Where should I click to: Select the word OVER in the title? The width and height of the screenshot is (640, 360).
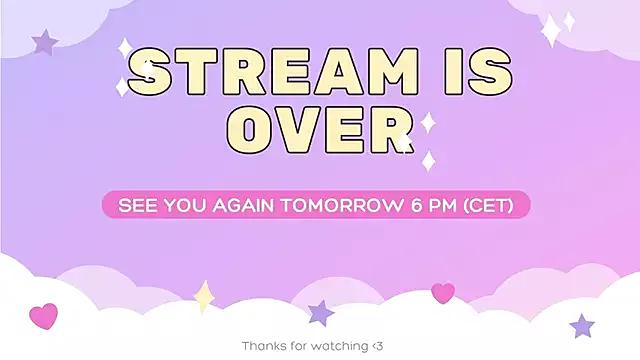(x=320, y=131)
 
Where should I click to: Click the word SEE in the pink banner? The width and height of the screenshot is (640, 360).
(x=137, y=205)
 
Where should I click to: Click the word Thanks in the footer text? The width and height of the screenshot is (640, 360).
(x=263, y=346)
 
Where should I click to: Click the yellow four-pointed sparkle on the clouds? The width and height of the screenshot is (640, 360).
(x=204, y=296)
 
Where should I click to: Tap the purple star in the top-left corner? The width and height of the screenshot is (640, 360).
(x=45, y=42)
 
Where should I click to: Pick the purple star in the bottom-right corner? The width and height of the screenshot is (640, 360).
(x=582, y=325)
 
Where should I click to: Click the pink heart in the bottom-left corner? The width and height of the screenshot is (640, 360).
(x=43, y=316)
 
